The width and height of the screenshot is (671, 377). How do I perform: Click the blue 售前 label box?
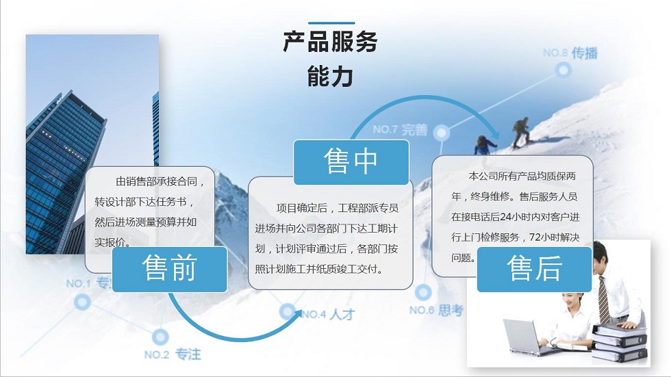point(170,270)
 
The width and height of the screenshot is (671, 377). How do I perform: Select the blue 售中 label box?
point(351,162)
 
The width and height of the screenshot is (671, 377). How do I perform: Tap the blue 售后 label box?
point(534,270)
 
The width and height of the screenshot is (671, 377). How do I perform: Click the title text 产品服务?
point(330,42)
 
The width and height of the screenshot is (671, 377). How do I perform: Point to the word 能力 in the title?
point(330,77)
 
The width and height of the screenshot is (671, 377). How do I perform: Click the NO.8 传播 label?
point(570,53)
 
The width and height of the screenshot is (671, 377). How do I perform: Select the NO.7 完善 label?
point(400,129)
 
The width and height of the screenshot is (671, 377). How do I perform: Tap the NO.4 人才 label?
point(328,315)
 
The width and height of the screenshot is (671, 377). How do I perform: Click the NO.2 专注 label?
point(173,354)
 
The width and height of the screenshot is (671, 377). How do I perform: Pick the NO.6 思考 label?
point(436,310)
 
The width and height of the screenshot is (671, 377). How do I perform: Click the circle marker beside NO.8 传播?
point(563,70)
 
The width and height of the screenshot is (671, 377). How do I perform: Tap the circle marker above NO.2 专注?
point(160,337)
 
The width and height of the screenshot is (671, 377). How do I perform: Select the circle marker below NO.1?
point(82,302)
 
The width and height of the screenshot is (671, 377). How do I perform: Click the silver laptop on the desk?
point(527,338)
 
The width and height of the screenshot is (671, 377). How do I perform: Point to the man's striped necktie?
point(603,300)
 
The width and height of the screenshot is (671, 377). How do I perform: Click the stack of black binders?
point(620,342)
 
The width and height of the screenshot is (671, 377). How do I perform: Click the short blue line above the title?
point(331,23)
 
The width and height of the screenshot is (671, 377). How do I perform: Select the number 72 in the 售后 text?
point(535,237)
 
